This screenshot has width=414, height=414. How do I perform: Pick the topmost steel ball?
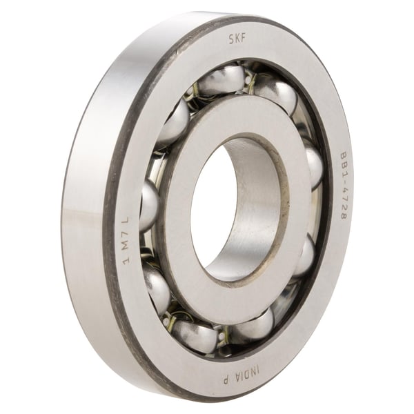click(x=221, y=81)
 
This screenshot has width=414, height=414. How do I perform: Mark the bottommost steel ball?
click(x=195, y=337)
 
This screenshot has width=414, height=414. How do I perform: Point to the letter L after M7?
click(x=126, y=221)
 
